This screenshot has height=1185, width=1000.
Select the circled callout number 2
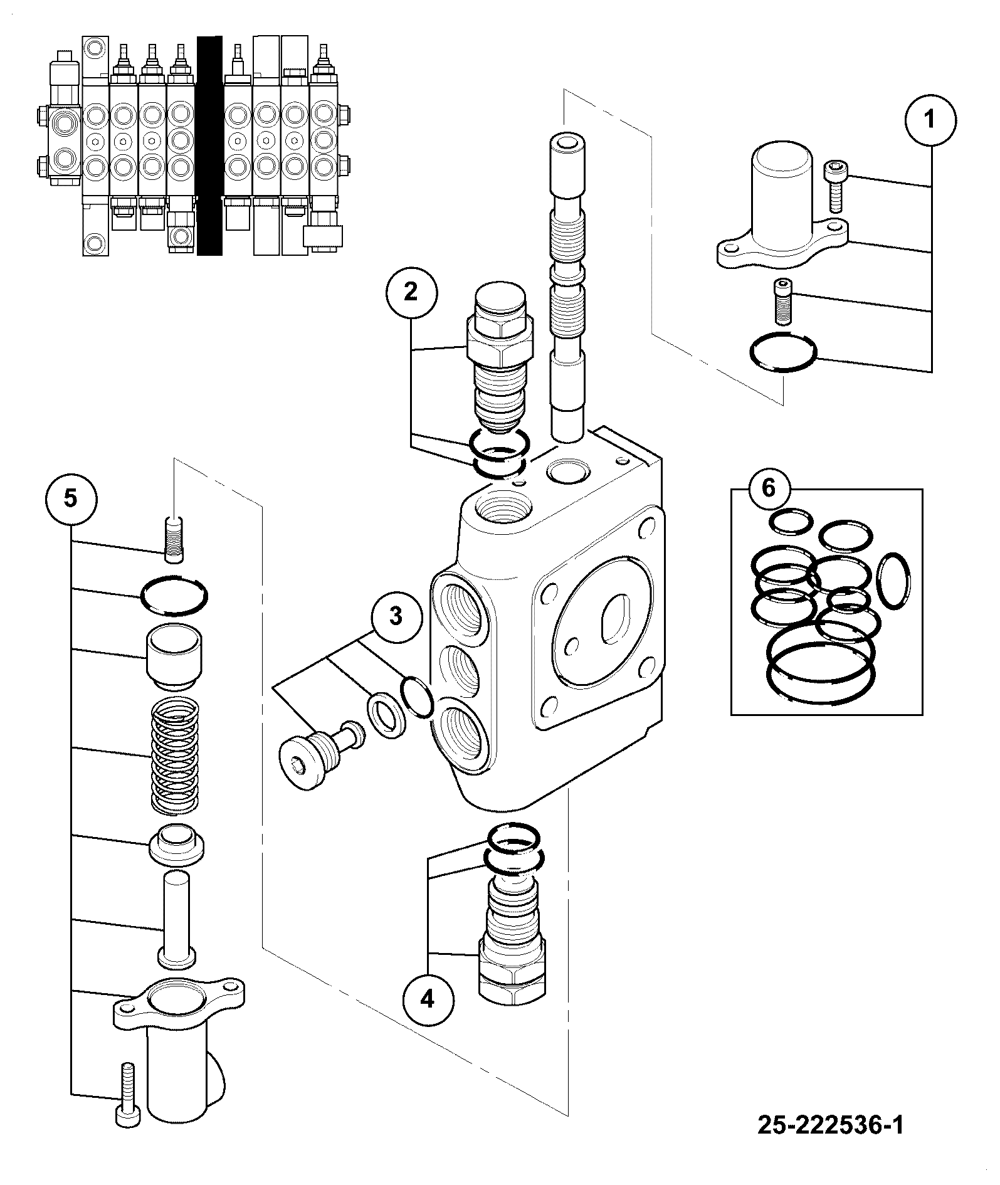coord(411,292)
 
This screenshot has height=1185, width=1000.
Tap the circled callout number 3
coord(396,616)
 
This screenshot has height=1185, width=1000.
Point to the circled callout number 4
coord(427,999)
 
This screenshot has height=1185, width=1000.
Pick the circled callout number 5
coord(71,498)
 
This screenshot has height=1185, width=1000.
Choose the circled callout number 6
coord(769,488)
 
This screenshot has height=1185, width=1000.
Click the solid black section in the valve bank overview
coord(209,145)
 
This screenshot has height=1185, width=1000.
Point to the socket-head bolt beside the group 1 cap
coord(834,186)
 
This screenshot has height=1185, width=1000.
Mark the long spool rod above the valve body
coord(568,285)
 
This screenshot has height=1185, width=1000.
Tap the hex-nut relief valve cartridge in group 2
coord(500,359)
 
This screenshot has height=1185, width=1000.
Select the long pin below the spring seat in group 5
coord(176,924)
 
